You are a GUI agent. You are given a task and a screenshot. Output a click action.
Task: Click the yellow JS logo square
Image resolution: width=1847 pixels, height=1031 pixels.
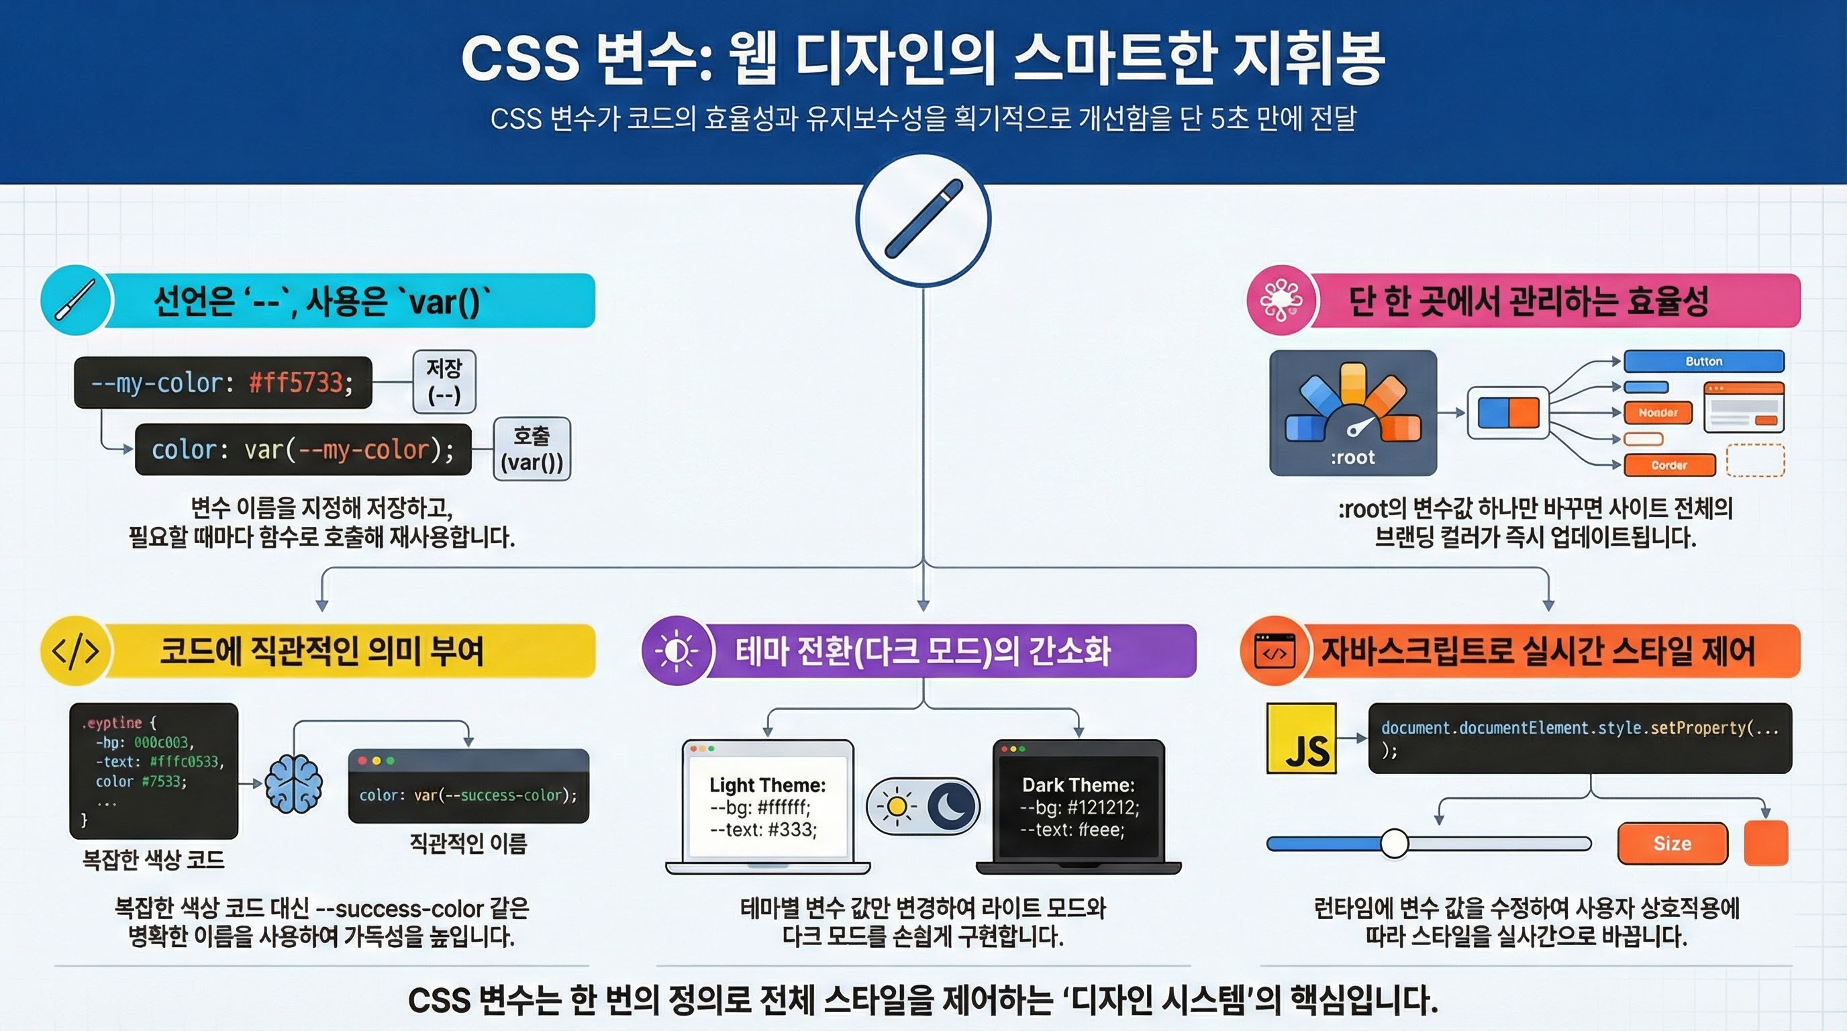point(1301,738)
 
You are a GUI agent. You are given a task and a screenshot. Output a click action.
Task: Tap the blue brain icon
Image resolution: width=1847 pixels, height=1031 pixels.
point(293,783)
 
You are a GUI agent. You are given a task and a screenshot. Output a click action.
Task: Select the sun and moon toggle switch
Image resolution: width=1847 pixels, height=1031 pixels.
point(923,806)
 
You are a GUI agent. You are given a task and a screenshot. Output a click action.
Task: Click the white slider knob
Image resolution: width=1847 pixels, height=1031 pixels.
point(1395,843)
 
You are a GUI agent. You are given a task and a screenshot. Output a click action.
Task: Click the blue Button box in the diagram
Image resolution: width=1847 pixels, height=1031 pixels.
point(1703,361)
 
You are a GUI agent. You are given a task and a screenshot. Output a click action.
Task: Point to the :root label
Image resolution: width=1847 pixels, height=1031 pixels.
point(1352,457)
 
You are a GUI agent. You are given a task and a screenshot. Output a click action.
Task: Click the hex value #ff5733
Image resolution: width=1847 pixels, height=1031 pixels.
point(295,383)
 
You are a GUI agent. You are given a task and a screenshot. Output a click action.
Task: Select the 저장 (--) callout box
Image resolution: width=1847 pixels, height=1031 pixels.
point(444,381)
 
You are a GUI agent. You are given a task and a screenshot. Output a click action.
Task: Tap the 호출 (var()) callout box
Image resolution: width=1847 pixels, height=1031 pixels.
point(532,449)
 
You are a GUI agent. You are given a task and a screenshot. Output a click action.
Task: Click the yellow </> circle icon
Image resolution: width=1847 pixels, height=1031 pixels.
point(75,650)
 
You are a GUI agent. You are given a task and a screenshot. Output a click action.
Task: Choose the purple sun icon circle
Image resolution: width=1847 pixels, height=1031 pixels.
point(676,650)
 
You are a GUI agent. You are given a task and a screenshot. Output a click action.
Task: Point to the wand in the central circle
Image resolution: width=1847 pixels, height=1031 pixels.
point(923,218)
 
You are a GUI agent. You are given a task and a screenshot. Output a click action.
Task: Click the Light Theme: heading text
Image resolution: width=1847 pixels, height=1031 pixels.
point(767,785)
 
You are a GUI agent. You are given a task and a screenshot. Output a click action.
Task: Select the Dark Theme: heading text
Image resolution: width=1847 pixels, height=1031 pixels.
point(1079,785)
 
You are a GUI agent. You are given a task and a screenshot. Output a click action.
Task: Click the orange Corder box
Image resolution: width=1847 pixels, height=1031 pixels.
point(1668,465)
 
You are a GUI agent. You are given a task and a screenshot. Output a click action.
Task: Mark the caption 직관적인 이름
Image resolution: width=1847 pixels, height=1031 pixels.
point(468,843)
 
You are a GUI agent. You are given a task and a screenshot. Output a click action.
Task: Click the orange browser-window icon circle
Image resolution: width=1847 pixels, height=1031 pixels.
point(1274,651)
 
